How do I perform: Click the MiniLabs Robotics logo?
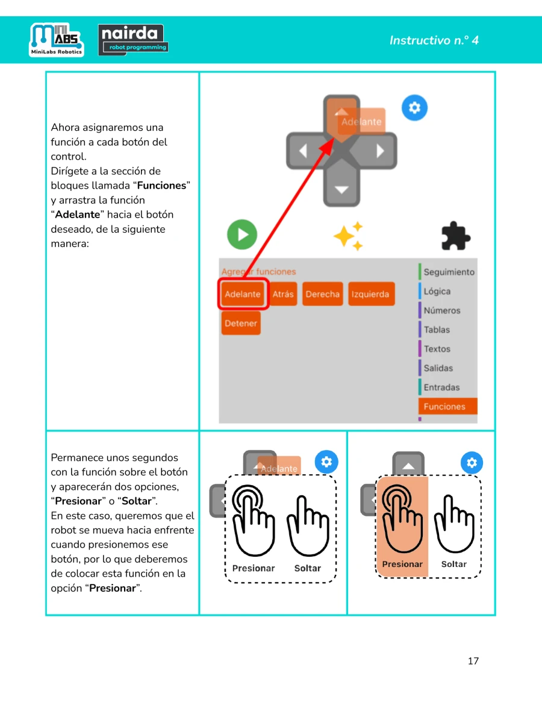tap(57, 40)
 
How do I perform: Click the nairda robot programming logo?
tap(133, 40)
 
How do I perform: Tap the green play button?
tap(242, 234)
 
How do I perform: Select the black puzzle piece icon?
tap(456, 236)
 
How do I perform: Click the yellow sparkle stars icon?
tap(349, 236)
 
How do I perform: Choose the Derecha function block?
tap(323, 293)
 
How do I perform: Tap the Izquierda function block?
tap(371, 293)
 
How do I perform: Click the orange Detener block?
tap(241, 323)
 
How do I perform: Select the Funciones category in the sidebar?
tap(447, 406)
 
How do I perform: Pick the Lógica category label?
tap(437, 291)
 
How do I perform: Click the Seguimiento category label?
tap(449, 272)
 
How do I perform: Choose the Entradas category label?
tap(441, 387)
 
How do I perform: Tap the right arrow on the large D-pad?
tap(380, 151)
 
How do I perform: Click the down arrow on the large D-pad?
tap(341, 190)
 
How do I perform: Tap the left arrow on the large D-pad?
tap(303, 151)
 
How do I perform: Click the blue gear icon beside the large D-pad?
tap(414, 107)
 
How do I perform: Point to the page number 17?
tap(473, 661)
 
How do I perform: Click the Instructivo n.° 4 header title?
tap(434, 40)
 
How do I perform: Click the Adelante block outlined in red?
tap(243, 293)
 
